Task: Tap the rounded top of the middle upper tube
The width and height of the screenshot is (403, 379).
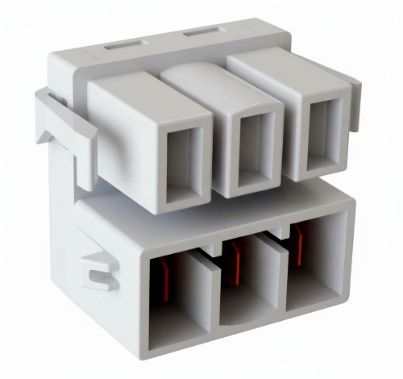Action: (x=201, y=77)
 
